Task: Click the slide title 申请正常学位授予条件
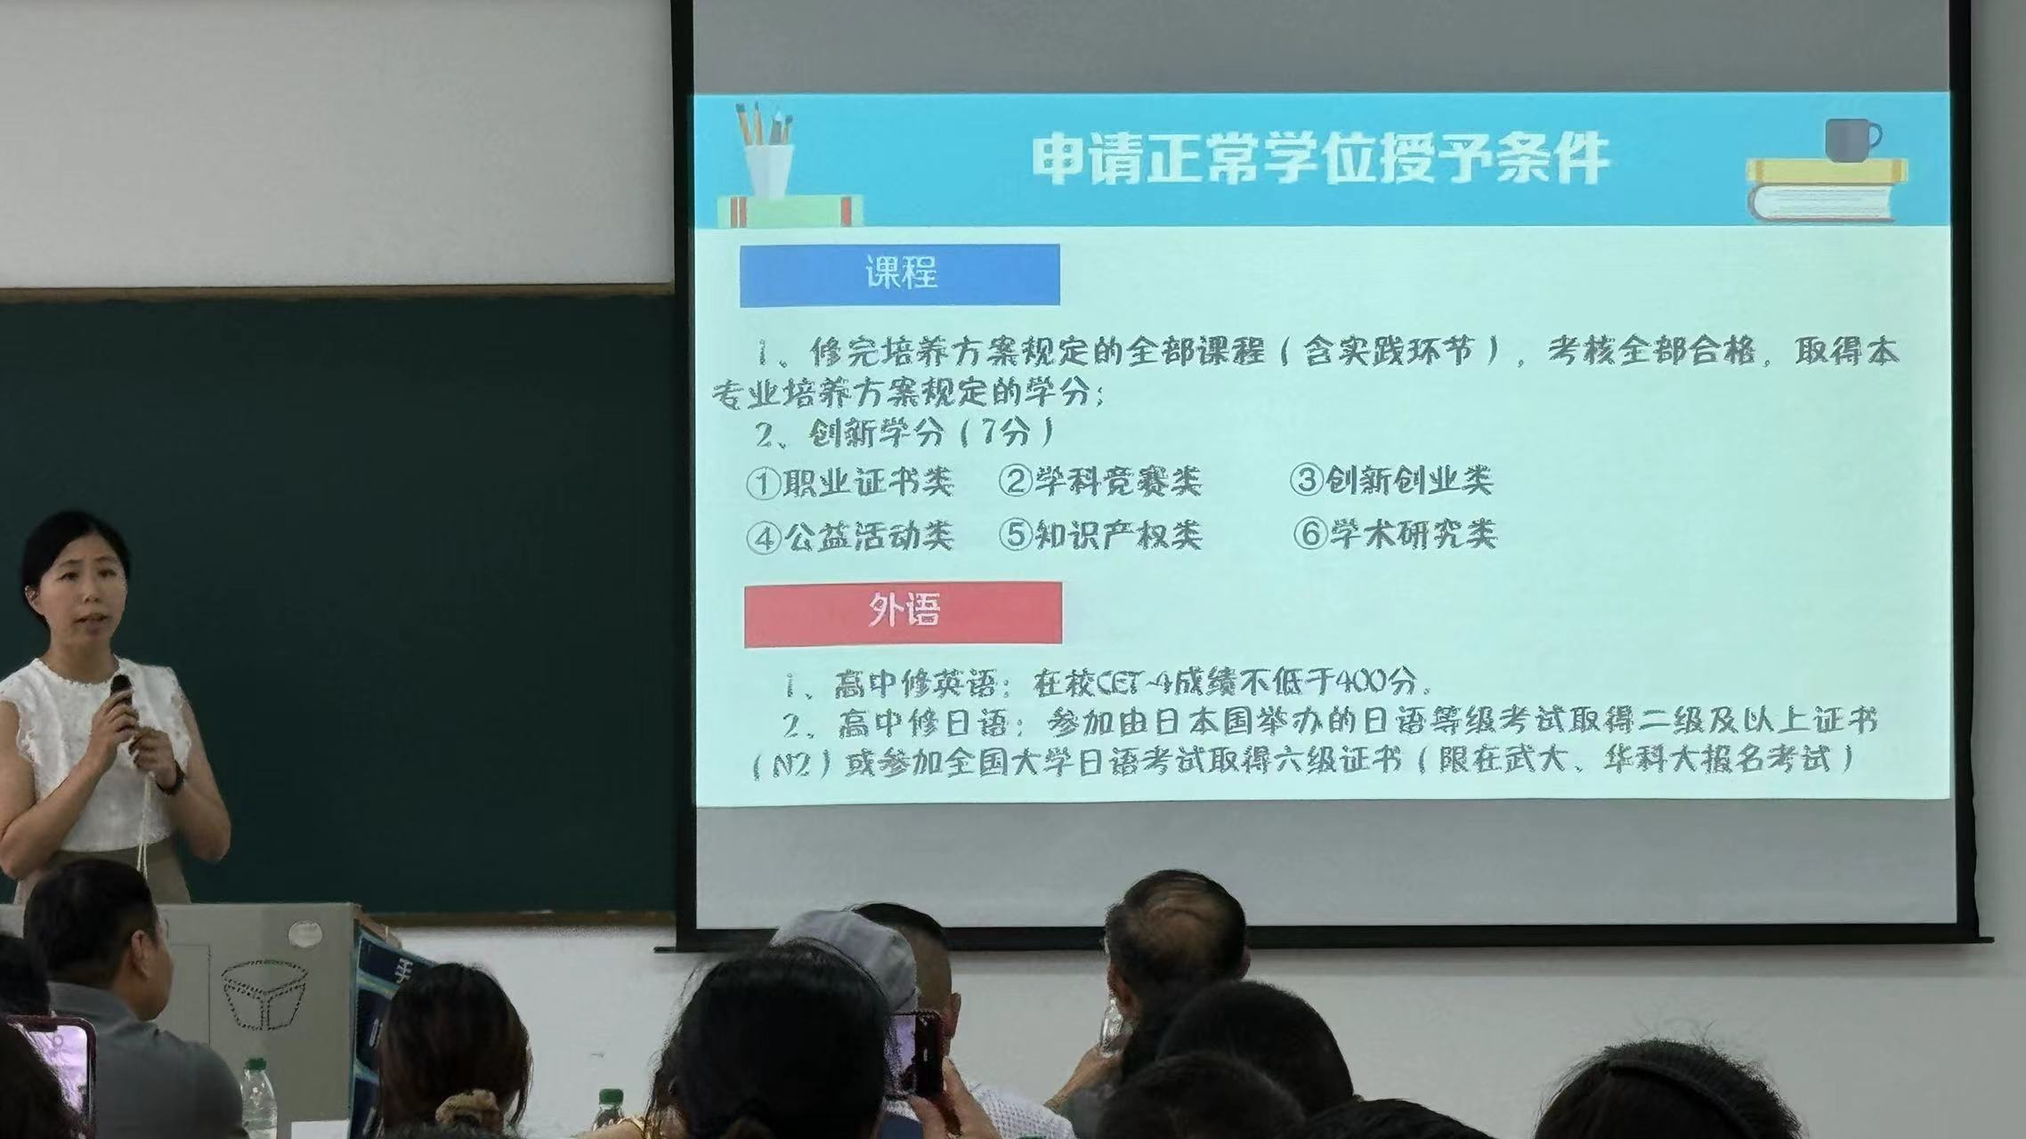pyautogui.click(x=1321, y=160)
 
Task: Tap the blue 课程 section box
pyautogui.click(x=900, y=275)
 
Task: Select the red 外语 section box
pyautogui.click(x=903, y=613)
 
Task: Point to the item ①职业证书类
pyautogui.click(x=850, y=482)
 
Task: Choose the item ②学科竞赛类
pyautogui.click(x=1100, y=482)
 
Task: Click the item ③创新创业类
pyautogui.click(x=1391, y=481)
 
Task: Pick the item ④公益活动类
pyautogui.click(x=850, y=536)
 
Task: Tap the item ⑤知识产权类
pyautogui.click(x=1100, y=535)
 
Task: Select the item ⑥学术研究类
pyautogui.click(x=1395, y=534)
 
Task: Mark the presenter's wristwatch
pyautogui.click(x=174, y=780)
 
